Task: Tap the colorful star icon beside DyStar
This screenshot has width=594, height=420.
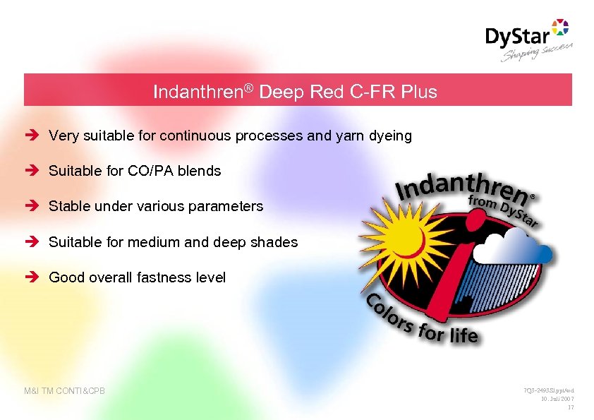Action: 559,28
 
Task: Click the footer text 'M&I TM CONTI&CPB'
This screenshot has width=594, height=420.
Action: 64,390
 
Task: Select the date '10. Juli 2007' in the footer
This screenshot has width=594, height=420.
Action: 557,399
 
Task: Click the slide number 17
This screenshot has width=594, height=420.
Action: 571,407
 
